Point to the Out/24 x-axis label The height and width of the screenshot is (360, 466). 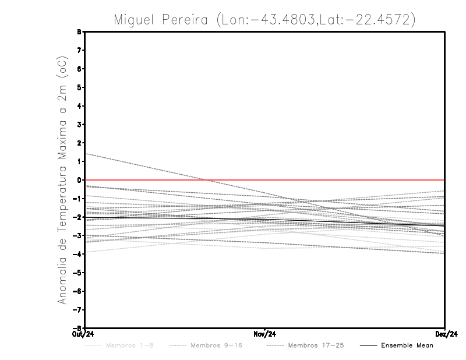pos(84,334)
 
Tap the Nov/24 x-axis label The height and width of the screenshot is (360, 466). pos(264,334)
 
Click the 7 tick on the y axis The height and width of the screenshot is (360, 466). pos(79,51)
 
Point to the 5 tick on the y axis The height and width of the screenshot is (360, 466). pos(79,87)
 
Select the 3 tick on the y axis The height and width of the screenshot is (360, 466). pos(79,125)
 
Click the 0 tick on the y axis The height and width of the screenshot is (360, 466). pos(79,180)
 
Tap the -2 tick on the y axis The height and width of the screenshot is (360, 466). pos(78,217)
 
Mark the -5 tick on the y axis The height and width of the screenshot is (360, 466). pos(78,273)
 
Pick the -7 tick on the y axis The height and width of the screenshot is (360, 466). pos(78,309)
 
